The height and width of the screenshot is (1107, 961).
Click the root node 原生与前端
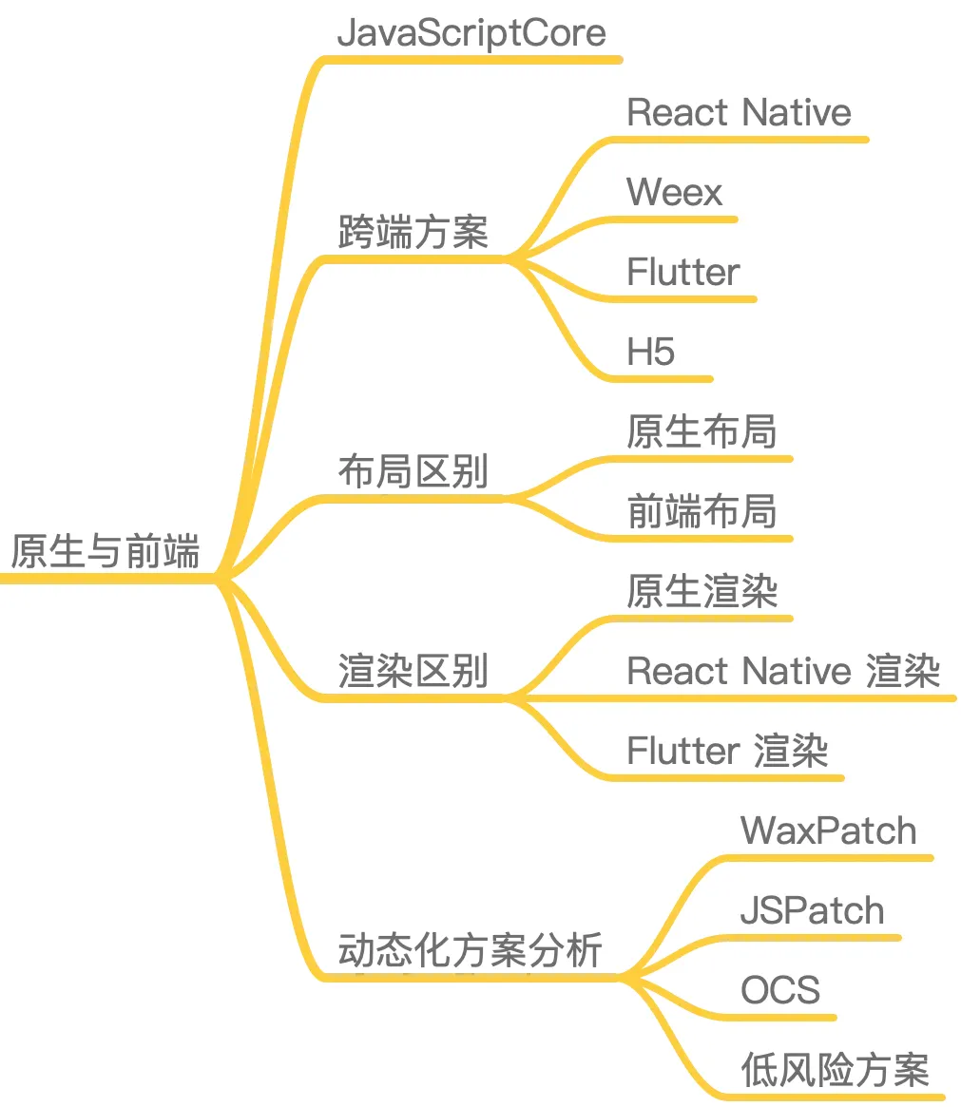tap(105, 551)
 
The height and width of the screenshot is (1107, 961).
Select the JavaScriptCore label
tap(471, 33)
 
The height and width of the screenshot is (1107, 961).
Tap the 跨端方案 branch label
tap(413, 232)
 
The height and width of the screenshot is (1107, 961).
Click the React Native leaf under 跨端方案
tap(739, 113)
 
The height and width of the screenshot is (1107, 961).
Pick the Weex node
tap(675, 193)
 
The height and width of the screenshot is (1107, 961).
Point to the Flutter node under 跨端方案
tap(682, 273)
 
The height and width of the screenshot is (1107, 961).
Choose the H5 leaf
tap(650, 353)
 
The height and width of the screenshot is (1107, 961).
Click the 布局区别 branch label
tap(413, 471)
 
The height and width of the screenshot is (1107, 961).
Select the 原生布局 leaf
tap(702, 432)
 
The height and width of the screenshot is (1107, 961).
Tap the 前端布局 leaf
tap(702, 512)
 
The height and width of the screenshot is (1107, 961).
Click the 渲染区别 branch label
tap(413, 671)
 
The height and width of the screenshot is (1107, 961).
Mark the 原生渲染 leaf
tap(702, 592)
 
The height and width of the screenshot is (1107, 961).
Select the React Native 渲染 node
tap(783, 672)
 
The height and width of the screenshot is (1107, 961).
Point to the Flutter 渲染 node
tap(727, 752)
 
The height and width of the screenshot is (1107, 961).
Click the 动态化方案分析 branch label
tap(471, 950)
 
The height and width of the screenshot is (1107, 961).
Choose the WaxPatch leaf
tap(828, 831)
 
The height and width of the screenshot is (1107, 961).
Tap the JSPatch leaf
tap(812, 911)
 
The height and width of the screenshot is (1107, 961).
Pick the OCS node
tap(779, 991)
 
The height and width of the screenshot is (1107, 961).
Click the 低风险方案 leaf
tap(835, 1071)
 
